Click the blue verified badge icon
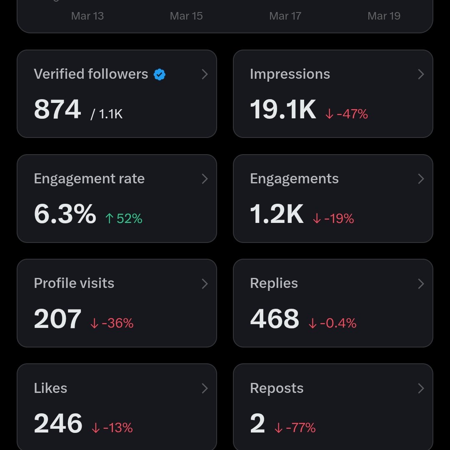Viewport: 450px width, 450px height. [x=160, y=75]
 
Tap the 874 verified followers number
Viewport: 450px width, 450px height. [x=57, y=110]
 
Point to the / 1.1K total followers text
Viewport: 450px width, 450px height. [x=107, y=114]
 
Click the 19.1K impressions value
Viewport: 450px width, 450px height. [x=283, y=110]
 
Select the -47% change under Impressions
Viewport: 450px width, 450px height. [x=347, y=114]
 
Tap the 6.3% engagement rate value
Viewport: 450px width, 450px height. [x=65, y=214]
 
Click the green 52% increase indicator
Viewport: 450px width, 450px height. [x=124, y=218]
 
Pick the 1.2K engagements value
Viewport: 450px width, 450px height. [x=277, y=214]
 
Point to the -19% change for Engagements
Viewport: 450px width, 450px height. [x=333, y=218]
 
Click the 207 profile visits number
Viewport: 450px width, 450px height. [x=57, y=319]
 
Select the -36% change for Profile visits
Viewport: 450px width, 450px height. [x=112, y=323]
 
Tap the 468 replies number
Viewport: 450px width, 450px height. [x=275, y=319]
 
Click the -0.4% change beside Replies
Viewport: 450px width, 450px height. [x=332, y=323]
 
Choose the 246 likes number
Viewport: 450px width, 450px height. [x=58, y=424]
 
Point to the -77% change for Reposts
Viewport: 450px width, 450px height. [x=295, y=428]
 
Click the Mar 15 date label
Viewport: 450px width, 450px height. [x=186, y=16]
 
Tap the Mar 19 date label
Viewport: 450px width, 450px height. [x=384, y=16]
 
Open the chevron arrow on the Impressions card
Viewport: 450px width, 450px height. [x=421, y=75]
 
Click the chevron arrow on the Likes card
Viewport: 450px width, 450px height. [x=205, y=388]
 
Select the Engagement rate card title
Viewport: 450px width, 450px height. [x=89, y=179]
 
